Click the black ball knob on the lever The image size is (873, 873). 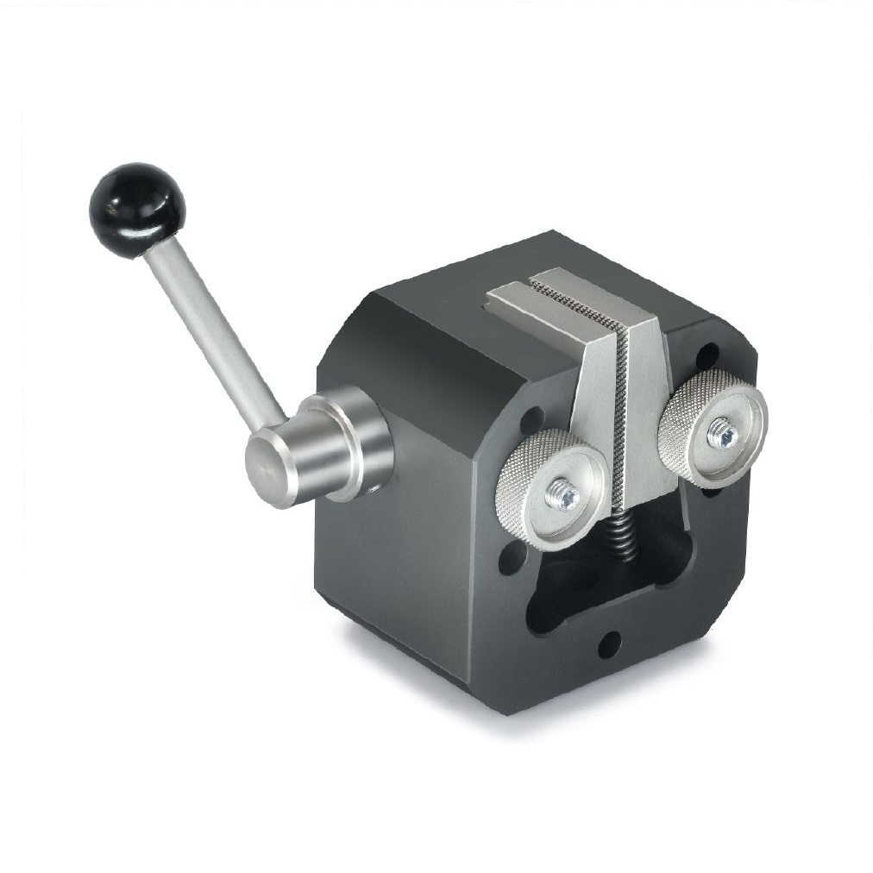point(136,210)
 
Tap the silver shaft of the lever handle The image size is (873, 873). point(211,329)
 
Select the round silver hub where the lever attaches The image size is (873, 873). point(349,442)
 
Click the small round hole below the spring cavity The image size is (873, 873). point(609,643)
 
